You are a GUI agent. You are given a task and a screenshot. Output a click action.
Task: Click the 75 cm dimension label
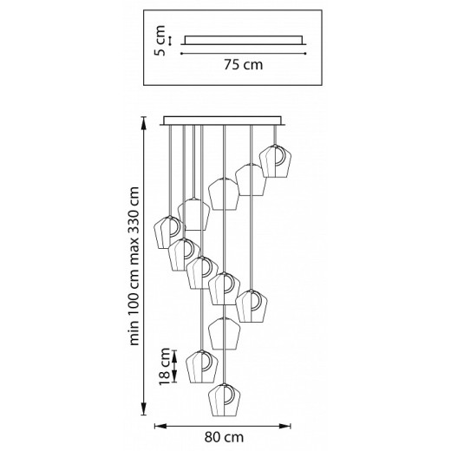[x=244, y=64]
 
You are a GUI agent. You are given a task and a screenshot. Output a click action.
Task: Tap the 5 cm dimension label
[x=160, y=41]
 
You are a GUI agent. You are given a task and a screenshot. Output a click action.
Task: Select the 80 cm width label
[x=224, y=437]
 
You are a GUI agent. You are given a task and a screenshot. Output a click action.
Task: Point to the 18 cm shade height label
[x=165, y=366]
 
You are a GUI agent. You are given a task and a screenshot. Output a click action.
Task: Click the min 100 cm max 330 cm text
[x=134, y=266]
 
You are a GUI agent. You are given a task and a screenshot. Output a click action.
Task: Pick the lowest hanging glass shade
[x=225, y=400]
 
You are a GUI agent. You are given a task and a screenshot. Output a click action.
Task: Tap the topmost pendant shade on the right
[x=274, y=161]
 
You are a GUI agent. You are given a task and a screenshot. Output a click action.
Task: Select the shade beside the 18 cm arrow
[x=202, y=367]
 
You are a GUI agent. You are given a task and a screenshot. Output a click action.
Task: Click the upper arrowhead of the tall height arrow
[x=143, y=123]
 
